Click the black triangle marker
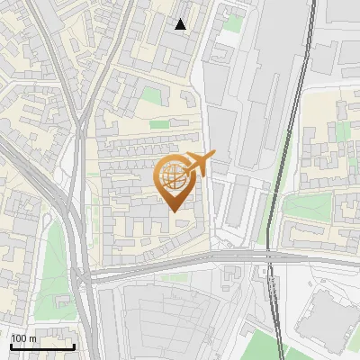[x=181, y=24]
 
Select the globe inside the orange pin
[x=176, y=177]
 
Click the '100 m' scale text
[x=24, y=338]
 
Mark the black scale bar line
[x=41, y=346]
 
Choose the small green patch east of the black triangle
[x=235, y=22]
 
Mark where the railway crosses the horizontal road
[x=270, y=259]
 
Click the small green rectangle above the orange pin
[x=159, y=124]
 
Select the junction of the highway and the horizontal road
[x=84, y=274]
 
